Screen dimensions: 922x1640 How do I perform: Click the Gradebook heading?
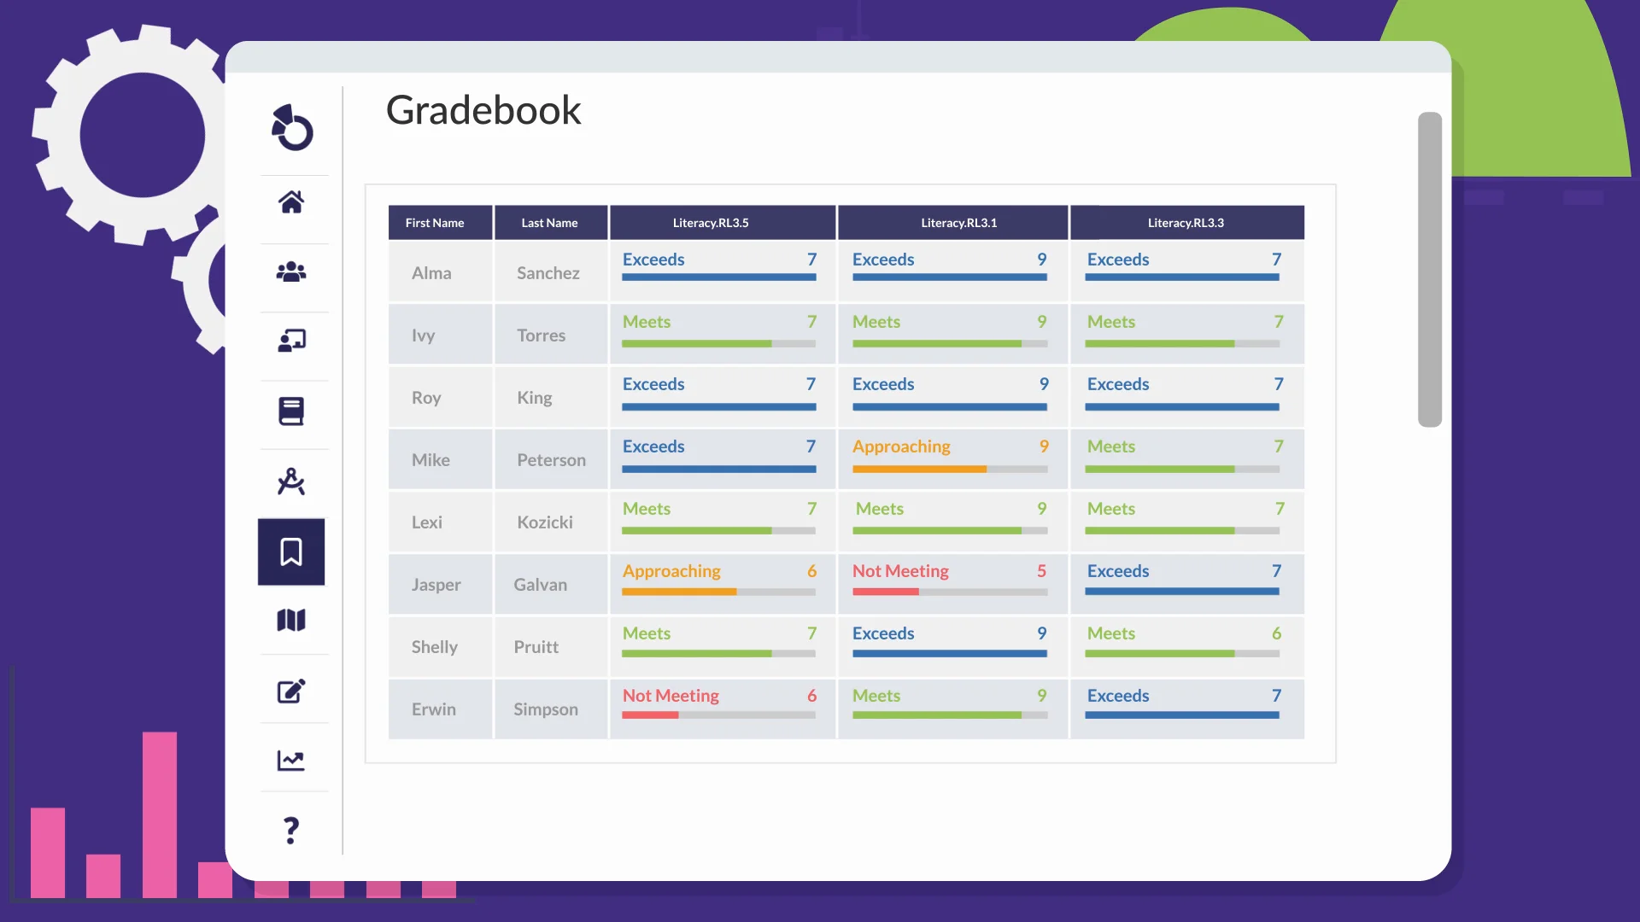483,111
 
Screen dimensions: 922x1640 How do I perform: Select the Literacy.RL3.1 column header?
958,223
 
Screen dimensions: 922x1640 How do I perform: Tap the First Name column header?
435,223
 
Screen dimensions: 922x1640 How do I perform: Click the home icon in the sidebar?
291,202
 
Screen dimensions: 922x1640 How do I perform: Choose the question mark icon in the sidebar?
291,830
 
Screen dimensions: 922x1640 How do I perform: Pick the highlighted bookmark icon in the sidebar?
291,551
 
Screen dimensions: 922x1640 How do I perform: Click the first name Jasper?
436,585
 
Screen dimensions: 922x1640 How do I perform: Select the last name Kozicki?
545,522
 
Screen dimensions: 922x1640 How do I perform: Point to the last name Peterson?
551,460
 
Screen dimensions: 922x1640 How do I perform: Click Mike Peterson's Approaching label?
901,446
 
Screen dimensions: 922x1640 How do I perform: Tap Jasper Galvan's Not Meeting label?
900,571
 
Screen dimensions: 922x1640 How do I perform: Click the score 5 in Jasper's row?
1041,571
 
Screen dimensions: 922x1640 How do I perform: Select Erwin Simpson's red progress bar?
650,715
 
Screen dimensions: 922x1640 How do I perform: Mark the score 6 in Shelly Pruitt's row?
1276,633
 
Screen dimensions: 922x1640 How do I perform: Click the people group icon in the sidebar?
291,272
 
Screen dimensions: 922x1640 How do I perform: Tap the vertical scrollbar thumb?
1429,269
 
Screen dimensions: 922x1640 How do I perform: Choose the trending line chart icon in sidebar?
291,760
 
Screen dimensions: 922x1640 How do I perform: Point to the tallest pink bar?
160,811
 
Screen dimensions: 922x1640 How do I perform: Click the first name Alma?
431,273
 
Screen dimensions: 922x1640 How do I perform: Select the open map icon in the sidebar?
291,621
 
